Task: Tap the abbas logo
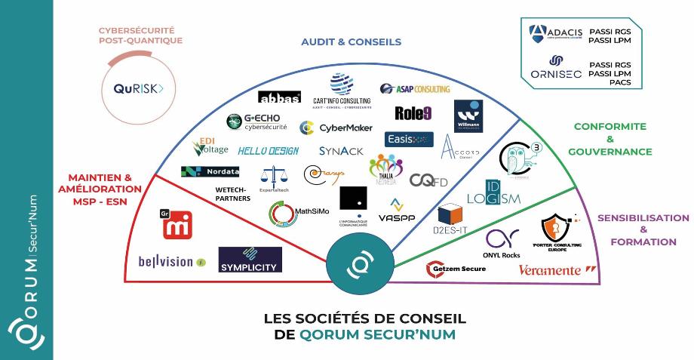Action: [279, 97]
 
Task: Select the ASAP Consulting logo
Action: [414, 88]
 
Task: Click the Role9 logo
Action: [413, 113]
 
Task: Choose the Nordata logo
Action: [210, 171]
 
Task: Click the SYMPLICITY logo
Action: [250, 260]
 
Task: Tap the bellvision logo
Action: [171, 262]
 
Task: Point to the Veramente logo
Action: [559, 269]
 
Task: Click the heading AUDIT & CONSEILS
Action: [351, 42]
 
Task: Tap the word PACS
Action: [619, 82]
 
